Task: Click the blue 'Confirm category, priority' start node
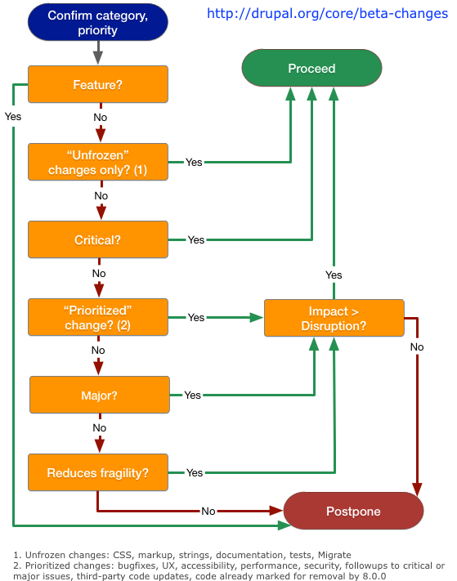tap(98, 22)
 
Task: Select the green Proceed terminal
tap(311, 68)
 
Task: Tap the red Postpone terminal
tap(353, 511)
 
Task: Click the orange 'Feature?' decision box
tap(98, 84)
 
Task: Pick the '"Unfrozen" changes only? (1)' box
tap(98, 163)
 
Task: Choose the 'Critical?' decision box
tap(98, 239)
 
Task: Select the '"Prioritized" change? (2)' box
tap(98, 318)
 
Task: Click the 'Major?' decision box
tap(100, 395)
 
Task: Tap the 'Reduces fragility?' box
tap(98, 473)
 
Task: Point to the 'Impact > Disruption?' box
tap(334, 319)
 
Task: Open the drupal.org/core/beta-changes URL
tap(327, 13)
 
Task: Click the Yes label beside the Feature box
tap(13, 117)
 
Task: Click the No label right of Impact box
tap(417, 347)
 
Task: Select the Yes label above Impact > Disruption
tap(334, 275)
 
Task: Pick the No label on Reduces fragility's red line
tap(208, 512)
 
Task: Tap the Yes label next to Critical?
tap(196, 239)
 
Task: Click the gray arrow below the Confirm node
tap(98, 52)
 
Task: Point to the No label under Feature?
tap(101, 118)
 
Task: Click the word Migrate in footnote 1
tap(334, 555)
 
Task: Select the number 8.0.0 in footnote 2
tap(374, 576)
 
